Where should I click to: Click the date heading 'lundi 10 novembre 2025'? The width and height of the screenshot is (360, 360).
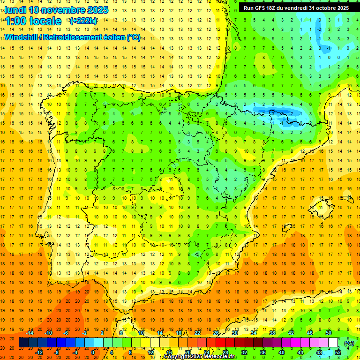coord(56,10)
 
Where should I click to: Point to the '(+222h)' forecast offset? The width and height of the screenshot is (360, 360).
coord(83,21)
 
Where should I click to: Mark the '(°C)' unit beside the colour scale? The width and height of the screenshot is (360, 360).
coord(349,343)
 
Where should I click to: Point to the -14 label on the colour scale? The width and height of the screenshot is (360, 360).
coord(30,333)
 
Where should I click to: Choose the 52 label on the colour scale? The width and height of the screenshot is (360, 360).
coord(337,352)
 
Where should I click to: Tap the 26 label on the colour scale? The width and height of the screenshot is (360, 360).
coord(216,333)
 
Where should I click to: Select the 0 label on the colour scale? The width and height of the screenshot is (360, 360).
coord(93,352)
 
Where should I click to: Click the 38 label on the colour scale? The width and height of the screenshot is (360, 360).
coord(272,333)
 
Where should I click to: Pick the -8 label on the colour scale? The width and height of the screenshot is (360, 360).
coord(56,352)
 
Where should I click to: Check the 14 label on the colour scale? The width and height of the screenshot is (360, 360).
coord(159,333)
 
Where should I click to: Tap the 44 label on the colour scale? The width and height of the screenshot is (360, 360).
coord(300,352)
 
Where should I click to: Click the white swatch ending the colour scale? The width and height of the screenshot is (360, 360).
coord(333,343)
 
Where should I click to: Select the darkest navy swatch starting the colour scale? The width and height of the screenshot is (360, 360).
coord(23,343)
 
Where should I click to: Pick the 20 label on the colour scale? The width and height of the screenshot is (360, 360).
coord(187,352)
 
